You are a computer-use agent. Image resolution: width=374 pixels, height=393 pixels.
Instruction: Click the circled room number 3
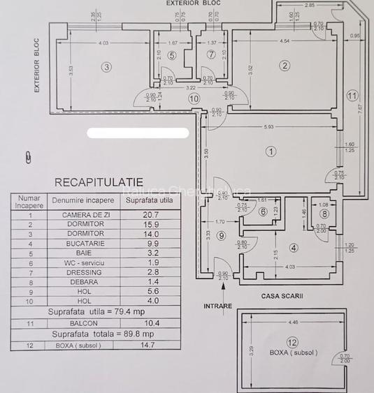(x=106, y=67)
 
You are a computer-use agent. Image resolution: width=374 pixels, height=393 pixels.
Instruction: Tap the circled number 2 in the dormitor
(x=284, y=66)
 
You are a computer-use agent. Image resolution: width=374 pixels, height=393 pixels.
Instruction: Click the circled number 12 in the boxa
(x=292, y=343)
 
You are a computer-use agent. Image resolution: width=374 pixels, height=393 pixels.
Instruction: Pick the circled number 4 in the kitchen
(x=293, y=248)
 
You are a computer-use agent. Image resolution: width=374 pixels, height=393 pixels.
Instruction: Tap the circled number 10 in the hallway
(x=194, y=99)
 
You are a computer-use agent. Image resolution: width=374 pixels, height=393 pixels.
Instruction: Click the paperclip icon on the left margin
(x=28, y=157)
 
